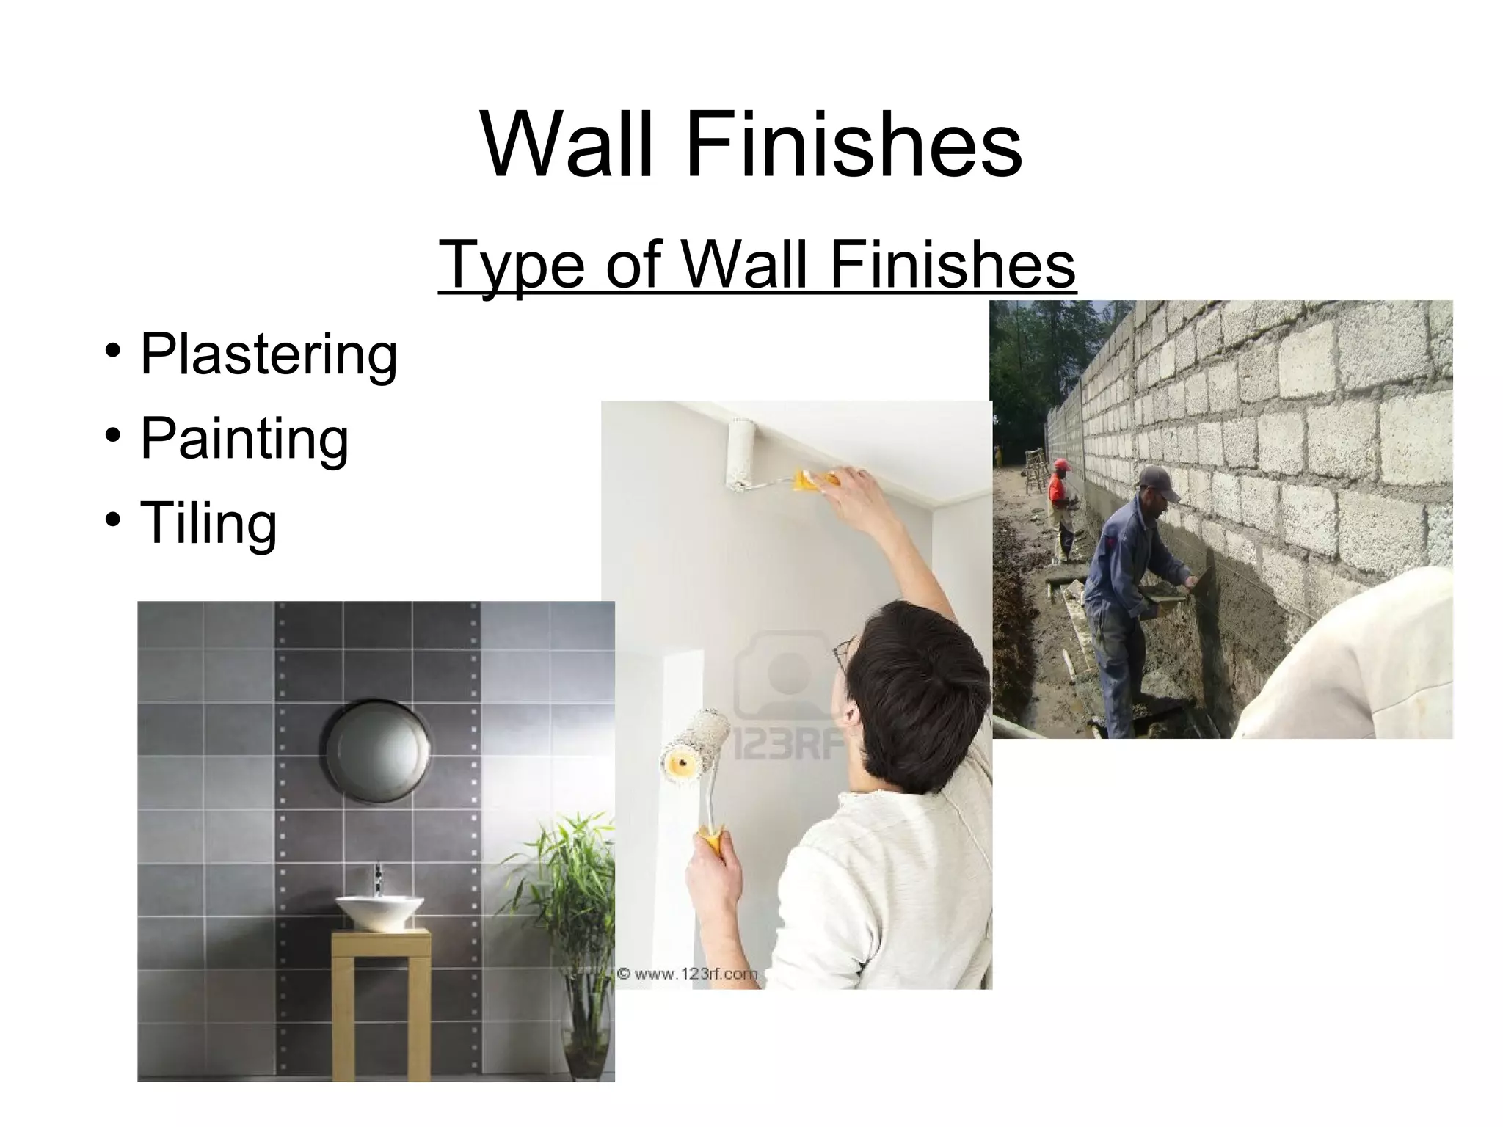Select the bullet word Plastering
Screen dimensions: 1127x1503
coord(269,354)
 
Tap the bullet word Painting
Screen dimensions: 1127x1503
coord(244,438)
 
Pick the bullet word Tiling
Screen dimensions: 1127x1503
coord(209,522)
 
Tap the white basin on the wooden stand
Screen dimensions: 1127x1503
coord(379,909)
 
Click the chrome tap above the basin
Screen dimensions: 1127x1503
coord(379,878)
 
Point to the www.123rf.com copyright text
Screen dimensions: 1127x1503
coord(687,974)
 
